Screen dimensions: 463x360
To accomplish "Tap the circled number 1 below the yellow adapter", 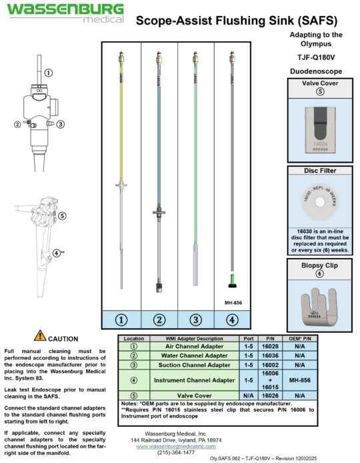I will (x=121, y=319).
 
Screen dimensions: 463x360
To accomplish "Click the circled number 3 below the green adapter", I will (x=195, y=319).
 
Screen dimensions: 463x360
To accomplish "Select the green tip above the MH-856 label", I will (x=231, y=279).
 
